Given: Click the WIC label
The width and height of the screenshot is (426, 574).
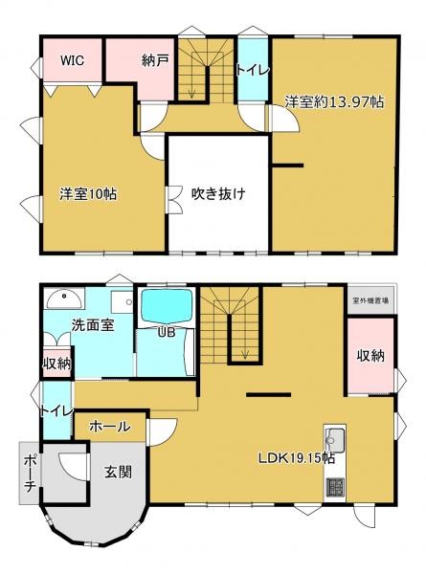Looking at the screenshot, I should (x=73, y=60).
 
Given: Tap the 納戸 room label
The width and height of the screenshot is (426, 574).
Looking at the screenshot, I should (x=155, y=60).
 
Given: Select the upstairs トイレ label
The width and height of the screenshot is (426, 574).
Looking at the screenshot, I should (x=253, y=70).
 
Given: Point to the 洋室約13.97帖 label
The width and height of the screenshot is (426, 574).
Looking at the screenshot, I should (x=333, y=101).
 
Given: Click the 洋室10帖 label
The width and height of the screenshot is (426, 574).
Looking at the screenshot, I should (x=88, y=193).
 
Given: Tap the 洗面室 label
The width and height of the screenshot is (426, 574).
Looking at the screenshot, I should (x=93, y=324).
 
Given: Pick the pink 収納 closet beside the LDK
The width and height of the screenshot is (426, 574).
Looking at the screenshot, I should (x=370, y=356).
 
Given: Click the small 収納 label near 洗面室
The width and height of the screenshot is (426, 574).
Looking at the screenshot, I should (x=56, y=364).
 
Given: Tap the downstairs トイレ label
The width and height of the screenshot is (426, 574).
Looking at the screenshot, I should (x=56, y=411).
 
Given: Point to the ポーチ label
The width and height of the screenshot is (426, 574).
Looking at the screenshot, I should (x=30, y=474).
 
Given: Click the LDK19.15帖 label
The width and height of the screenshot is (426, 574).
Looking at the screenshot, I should (x=296, y=456).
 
